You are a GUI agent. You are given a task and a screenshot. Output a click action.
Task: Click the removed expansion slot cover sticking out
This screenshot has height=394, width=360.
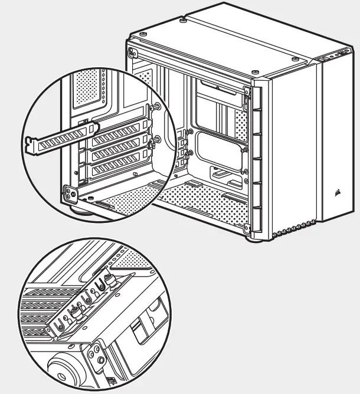(56, 136)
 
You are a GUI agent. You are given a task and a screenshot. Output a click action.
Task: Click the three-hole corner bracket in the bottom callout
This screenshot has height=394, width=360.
(95, 353)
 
